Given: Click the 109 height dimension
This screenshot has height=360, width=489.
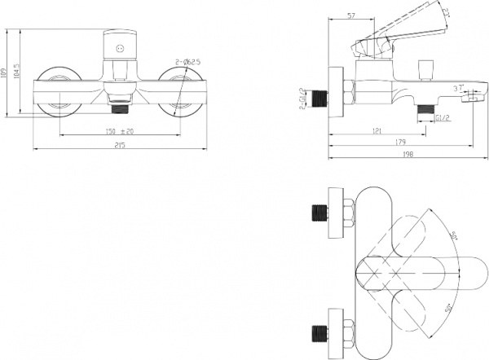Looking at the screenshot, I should click(7, 77).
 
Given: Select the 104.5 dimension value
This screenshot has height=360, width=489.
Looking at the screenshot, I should click(18, 77).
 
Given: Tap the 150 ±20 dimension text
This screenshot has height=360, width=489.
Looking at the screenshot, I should click(119, 131).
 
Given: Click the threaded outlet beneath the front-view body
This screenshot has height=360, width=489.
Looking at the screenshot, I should click(120, 104).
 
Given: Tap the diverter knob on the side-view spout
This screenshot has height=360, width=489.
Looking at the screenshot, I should click(424, 68).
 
